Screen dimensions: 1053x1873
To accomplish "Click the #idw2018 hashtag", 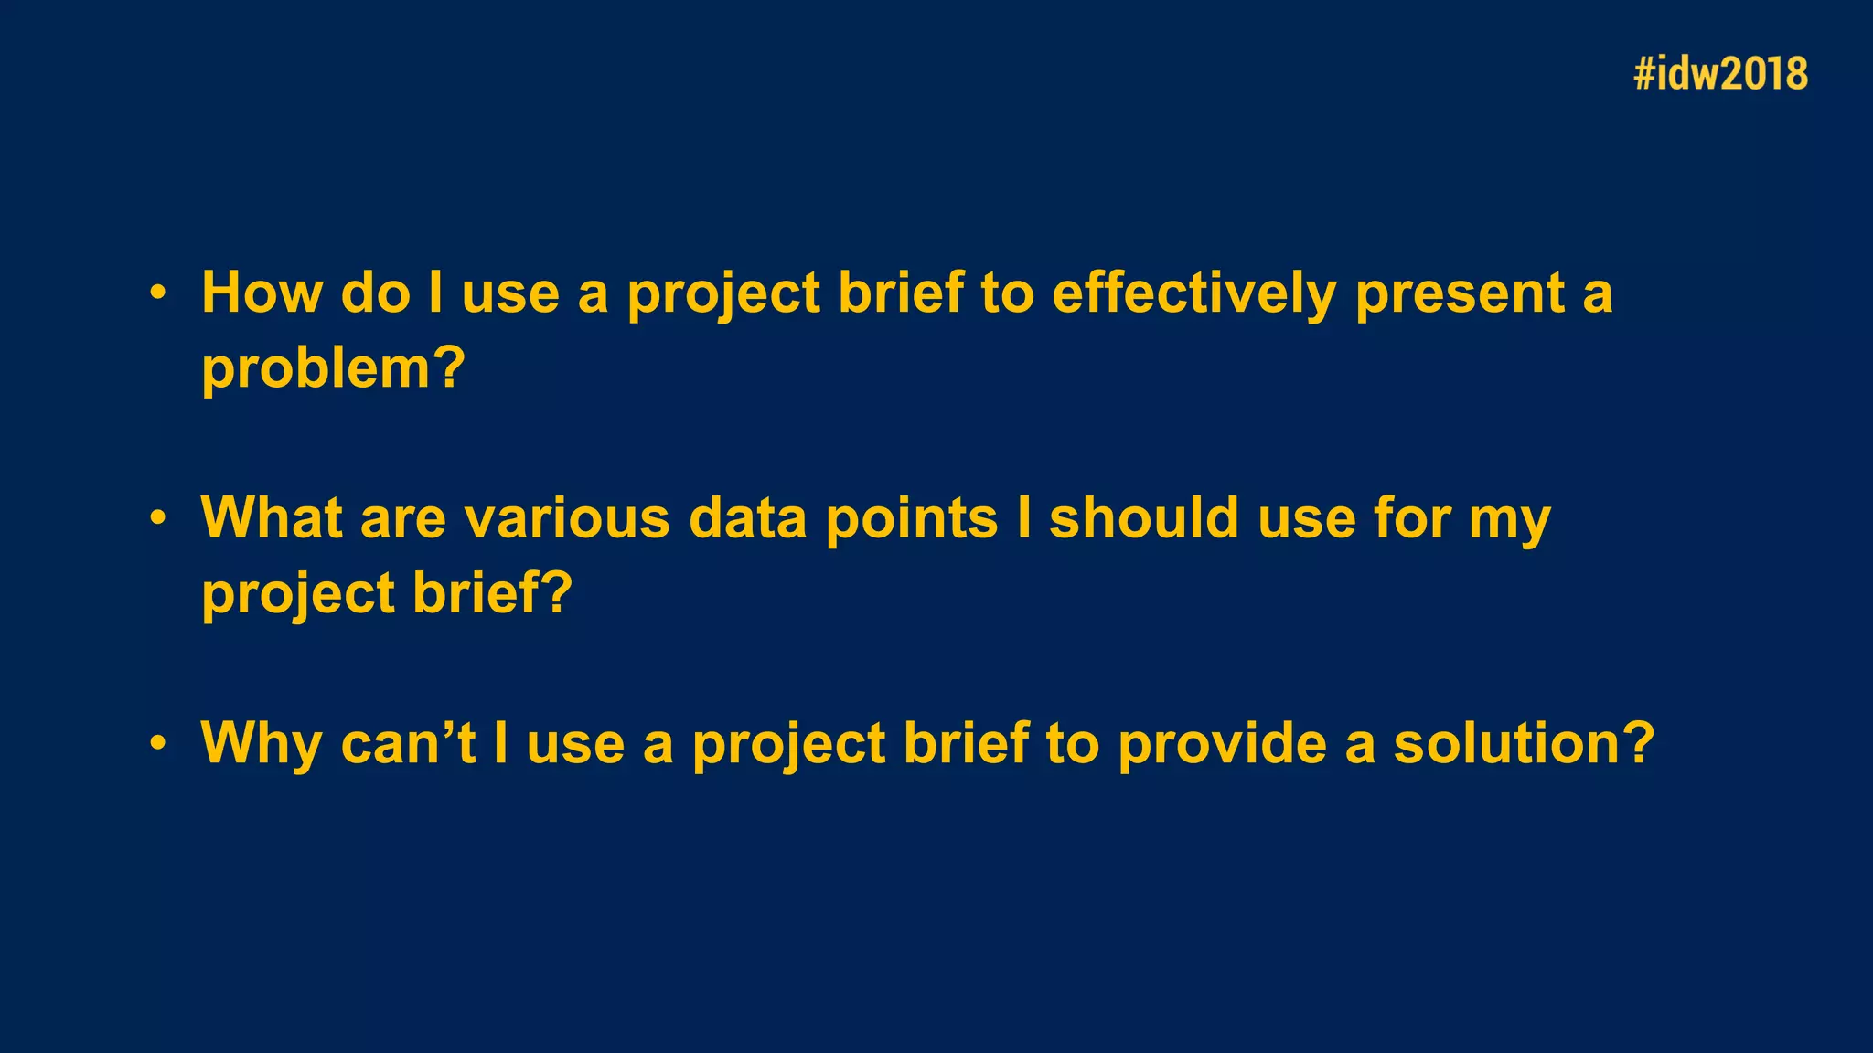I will [x=1720, y=73].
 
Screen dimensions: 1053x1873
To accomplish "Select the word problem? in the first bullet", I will [x=333, y=368].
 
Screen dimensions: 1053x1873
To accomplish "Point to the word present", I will [x=1460, y=294].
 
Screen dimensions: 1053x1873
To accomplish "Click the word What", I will [x=272, y=517].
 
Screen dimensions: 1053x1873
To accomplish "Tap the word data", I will [x=747, y=518].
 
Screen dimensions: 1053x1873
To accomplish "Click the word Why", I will [x=261, y=743].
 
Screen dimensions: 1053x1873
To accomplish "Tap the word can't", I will [x=408, y=743].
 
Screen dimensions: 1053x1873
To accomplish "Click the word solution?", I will [x=1524, y=743].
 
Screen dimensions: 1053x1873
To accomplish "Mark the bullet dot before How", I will [x=158, y=293].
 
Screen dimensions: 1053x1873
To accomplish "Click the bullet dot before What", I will [x=158, y=518].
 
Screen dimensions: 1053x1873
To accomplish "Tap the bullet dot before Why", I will [x=158, y=743].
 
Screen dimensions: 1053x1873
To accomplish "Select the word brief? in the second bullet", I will [x=492, y=593].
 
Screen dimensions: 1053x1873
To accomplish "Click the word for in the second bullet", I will [x=1412, y=517].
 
